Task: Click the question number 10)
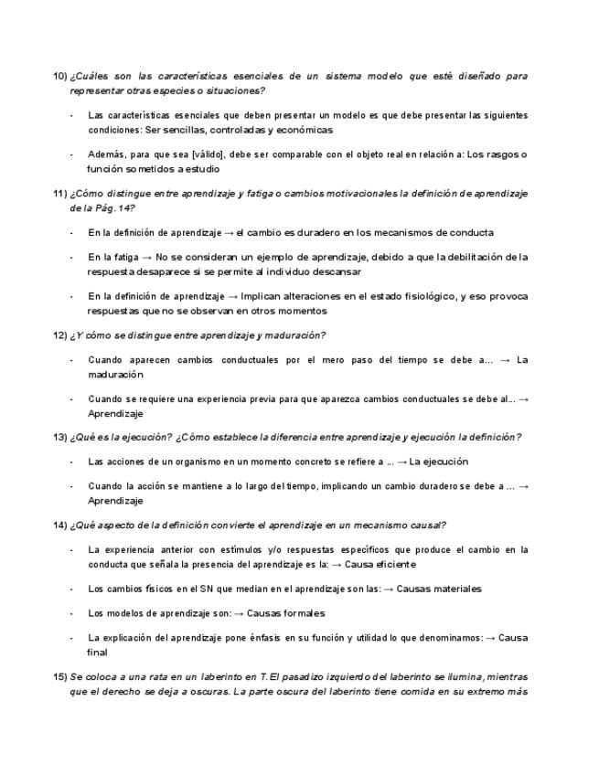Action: pos(60,75)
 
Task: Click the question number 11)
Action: pos(60,193)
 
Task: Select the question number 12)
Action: pos(60,335)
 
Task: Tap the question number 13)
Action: pos(60,437)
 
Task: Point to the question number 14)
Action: pos(60,525)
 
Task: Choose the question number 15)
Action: pos(60,677)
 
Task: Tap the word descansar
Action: pos(337,271)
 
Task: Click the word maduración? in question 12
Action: pos(296,335)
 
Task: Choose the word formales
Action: pos(298,613)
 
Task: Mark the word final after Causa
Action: pos(98,653)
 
